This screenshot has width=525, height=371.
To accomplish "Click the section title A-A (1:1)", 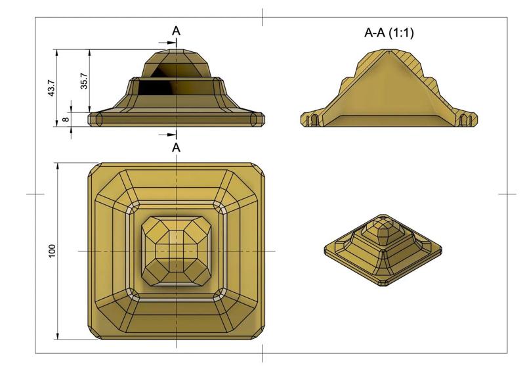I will [389, 32].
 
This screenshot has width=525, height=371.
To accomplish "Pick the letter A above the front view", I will [176, 31].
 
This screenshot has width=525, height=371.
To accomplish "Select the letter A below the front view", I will [176, 148].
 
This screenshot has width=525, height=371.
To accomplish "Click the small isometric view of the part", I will [383, 250].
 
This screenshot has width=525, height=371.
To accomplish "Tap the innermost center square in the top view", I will [176, 250].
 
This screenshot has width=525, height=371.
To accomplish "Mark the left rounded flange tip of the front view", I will [96, 119].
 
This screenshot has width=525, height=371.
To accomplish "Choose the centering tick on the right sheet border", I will [507, 194].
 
